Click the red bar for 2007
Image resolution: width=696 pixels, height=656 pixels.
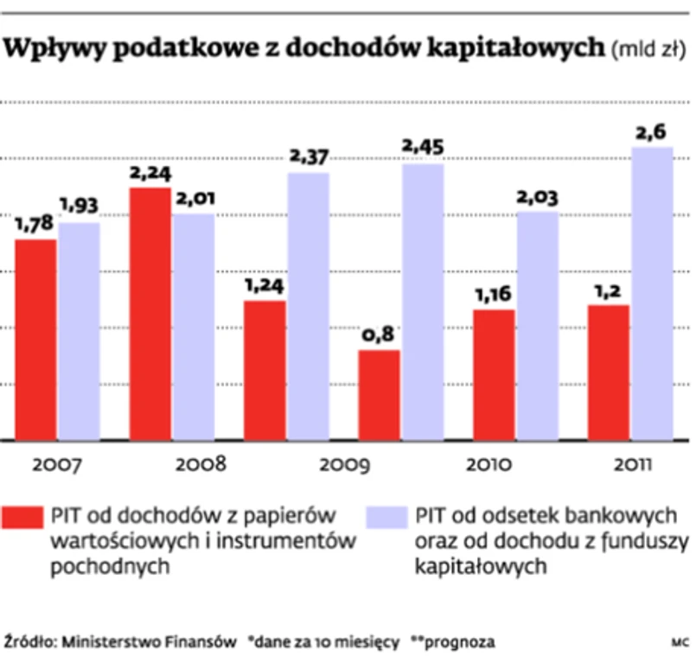tap(35, 339)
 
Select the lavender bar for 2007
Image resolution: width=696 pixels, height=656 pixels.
tap(79, 331)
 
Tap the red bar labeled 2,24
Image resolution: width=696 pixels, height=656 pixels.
tap(150, 313)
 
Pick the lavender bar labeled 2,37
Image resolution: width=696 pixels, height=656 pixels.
tap(309, 306)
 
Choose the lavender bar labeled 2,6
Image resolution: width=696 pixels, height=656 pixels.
tap(652, 293)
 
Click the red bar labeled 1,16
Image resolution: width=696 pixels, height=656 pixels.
tap(493, 374)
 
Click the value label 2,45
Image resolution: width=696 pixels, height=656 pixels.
tap(422, 149)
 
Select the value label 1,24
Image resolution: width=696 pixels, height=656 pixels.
tap(265, 286)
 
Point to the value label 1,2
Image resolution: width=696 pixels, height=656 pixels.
tap(608, 290)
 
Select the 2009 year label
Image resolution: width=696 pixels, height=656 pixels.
tap(343, 464)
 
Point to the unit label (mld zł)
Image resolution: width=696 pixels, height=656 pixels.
tap(648, 51)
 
